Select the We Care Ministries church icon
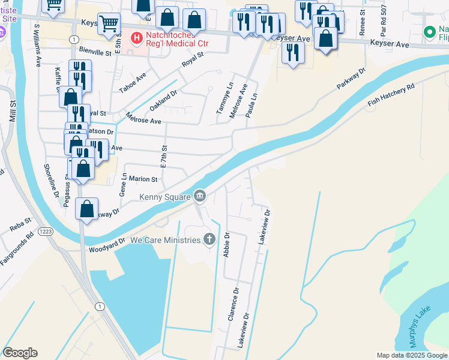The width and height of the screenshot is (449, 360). [x=209, y=240]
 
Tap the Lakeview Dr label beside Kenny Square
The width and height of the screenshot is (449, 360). [x=265, y=226]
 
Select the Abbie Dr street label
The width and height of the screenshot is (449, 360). [x=227, y=244]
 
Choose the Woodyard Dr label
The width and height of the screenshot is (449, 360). [x=107, y=245]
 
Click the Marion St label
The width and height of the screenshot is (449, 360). [x=142, y=179]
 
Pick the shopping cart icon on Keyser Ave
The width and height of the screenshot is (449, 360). [x=108, y=24]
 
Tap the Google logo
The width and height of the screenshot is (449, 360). [x=20, y=353]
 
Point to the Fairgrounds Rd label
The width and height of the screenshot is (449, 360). [x=17, y=253]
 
